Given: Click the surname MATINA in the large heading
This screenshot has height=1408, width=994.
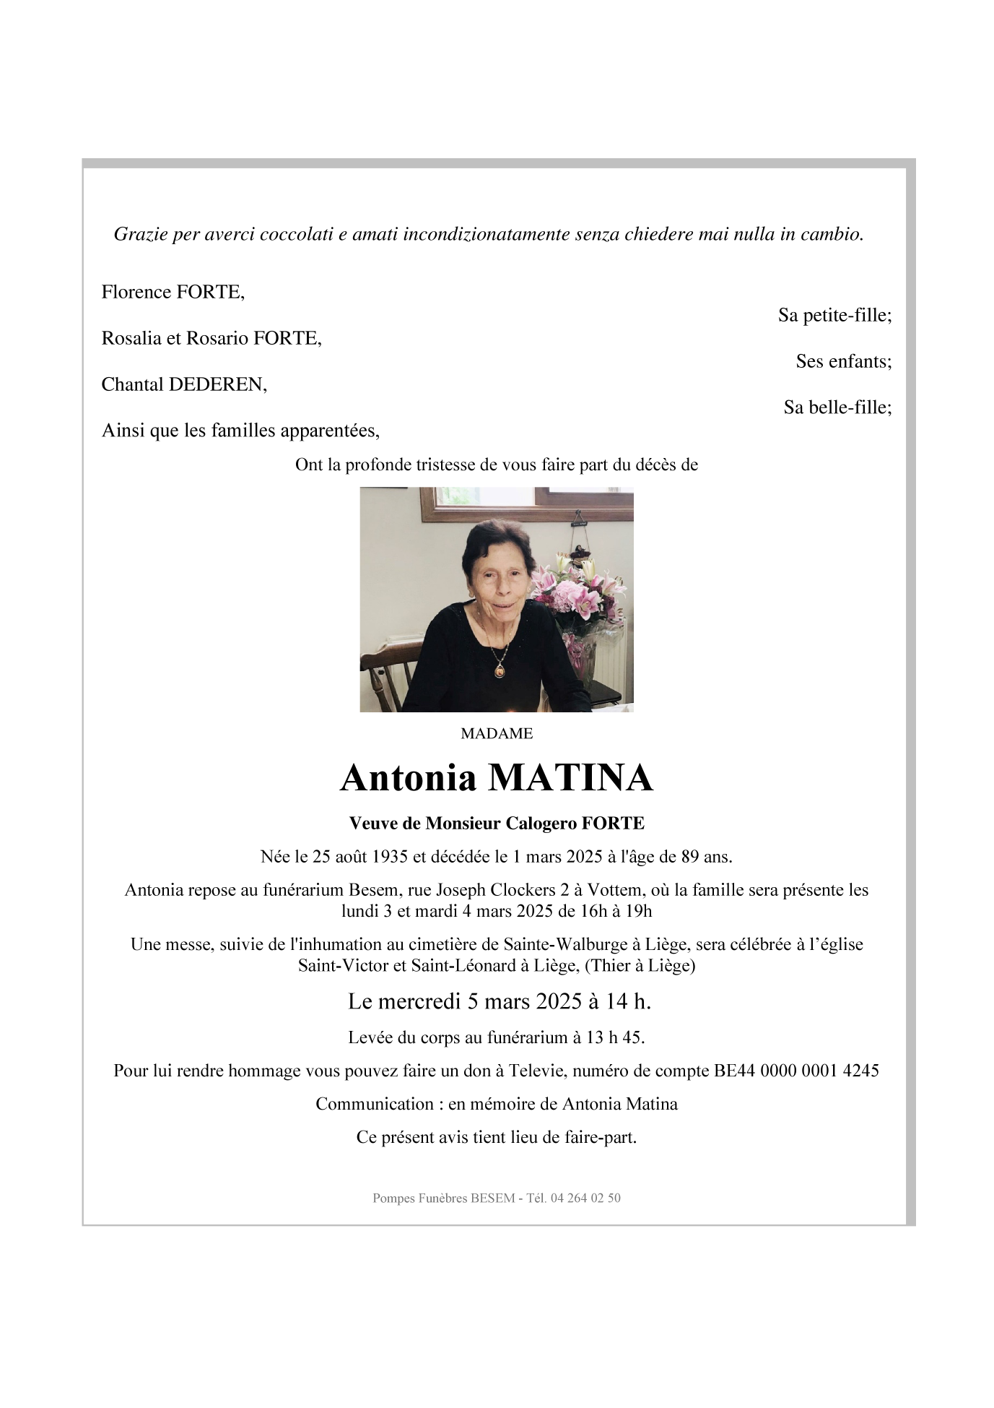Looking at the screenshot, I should tap(570, 778).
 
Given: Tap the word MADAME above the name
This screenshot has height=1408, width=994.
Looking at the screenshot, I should tap(497, 733).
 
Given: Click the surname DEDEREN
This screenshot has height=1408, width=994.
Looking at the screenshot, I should tap(217, 384).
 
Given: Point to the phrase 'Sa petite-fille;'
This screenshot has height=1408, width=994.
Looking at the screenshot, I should tap(834, 315).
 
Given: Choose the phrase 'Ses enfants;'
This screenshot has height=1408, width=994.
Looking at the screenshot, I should tap(843, 361).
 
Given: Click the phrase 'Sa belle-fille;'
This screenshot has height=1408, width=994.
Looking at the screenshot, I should tap(837, 407).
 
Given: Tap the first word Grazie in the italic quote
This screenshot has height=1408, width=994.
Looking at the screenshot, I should tap(140, 234).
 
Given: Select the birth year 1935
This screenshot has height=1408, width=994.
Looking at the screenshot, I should tap(390, 857).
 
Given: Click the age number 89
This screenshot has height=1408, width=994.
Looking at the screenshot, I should tap(690, 857).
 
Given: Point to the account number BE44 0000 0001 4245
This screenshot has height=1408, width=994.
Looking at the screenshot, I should tap(796, 1071).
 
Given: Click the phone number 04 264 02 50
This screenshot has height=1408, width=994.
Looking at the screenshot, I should tap(585, 1198).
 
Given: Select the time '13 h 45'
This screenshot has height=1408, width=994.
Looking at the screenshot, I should tap(614, 1037).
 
